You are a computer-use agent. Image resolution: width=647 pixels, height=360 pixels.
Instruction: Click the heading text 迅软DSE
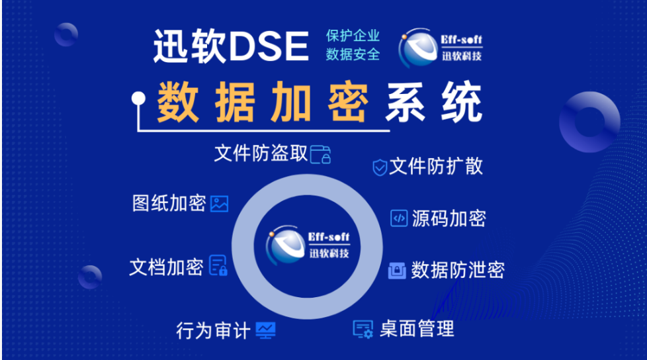[231, 46]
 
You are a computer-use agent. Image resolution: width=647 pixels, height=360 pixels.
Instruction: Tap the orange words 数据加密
[263, 101]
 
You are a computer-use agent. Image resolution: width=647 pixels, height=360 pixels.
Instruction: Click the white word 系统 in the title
[434, 101]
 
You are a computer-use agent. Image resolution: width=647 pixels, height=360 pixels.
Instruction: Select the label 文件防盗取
[261, 153]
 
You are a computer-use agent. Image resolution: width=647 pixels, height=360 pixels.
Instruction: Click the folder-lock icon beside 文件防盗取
[321, 154]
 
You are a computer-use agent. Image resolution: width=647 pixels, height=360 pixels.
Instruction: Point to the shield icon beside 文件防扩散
[380, 167]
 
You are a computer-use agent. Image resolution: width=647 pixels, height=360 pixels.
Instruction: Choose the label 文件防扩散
[436, 166]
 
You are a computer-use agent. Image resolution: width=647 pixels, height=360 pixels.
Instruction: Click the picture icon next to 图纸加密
[219, 204]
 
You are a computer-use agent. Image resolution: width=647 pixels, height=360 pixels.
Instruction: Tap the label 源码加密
[449, 218]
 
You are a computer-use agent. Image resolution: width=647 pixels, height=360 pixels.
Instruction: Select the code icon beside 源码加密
[399, 218]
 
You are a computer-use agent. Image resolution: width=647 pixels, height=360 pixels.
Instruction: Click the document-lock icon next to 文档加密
[218, 265]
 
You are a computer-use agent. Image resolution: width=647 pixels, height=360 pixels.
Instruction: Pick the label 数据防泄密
[458, 270]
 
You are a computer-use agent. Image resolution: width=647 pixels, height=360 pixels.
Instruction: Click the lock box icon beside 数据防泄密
[397, 271]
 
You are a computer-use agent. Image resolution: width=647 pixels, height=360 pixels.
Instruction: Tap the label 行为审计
[213, 331]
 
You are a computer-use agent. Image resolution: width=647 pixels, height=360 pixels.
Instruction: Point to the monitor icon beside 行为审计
[265, 330]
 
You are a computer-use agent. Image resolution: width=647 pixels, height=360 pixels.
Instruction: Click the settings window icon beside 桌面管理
[363, 329]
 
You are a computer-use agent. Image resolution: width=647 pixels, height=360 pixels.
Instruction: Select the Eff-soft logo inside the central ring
[308, 246]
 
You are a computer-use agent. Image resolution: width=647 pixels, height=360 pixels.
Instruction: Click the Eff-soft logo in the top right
[441, 48]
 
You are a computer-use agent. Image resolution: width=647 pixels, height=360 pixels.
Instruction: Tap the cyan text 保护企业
[353, 36]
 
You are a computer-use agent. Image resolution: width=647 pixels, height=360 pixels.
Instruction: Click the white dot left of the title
[139, 99]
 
